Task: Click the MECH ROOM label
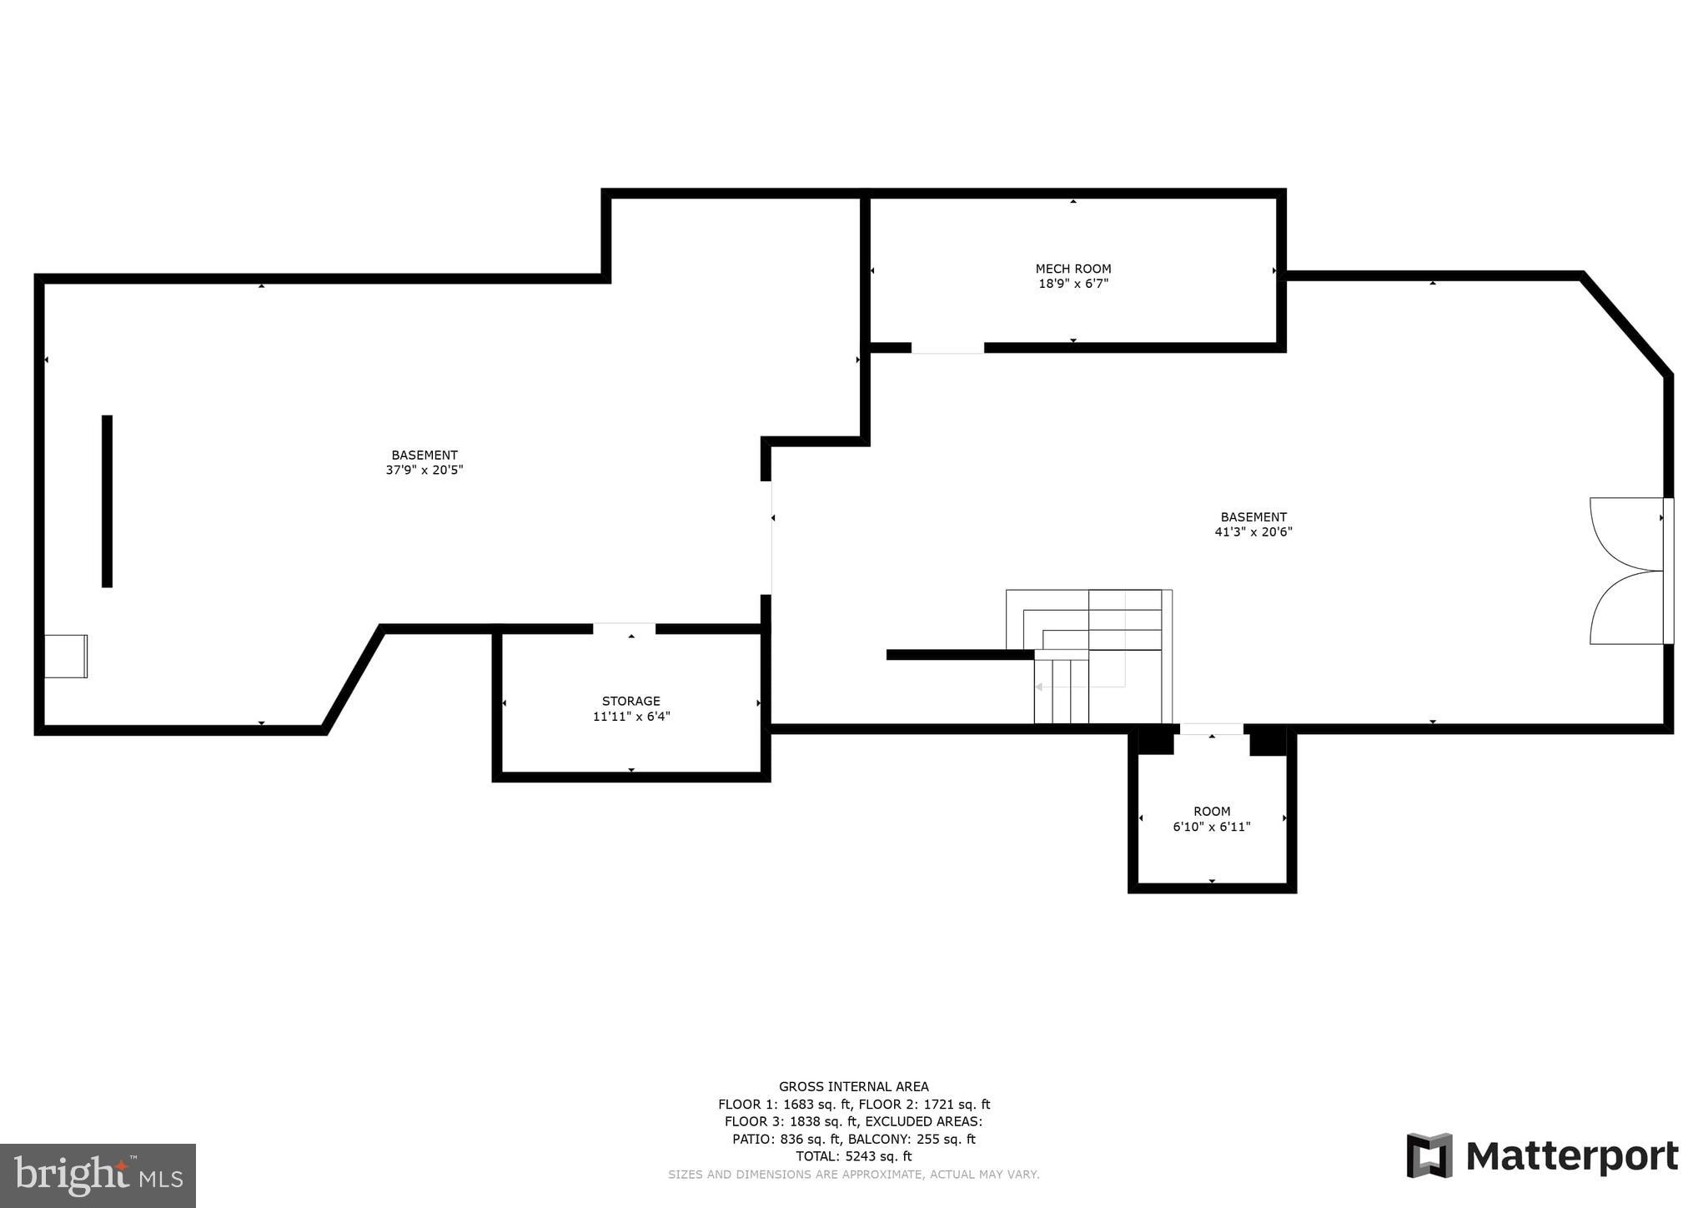click(1073, 269)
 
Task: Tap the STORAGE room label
click(630, 701)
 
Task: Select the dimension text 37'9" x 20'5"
click(424, 471)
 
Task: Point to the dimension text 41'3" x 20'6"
click(1253, 532)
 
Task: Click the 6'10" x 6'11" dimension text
click(1211, 827)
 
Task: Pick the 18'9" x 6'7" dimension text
click(1073, 284)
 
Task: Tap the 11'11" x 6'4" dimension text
click(630, 717)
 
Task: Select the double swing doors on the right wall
click(1626, 571)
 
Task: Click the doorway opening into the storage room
click(624, 628)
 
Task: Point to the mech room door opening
click(947, 348)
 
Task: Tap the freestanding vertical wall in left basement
click(107, 501)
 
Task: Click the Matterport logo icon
click(1429, 1155)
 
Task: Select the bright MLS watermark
click(98, 1175)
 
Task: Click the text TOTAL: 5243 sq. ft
click(853, 1156)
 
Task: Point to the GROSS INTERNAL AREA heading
click(853, 1086)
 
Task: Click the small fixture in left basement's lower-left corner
click(66, 657)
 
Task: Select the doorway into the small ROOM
click(1211, 729)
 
